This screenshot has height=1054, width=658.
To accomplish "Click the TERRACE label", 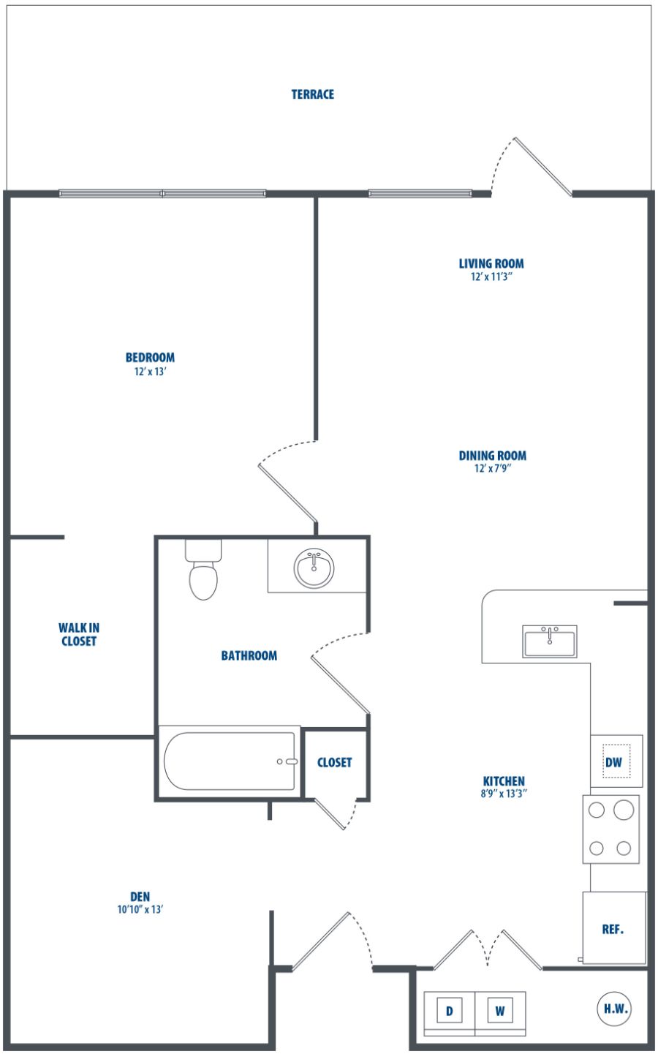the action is point(313,94).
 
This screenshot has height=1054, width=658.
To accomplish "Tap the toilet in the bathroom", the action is point(203,569).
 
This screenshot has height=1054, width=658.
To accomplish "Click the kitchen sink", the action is point(549,641).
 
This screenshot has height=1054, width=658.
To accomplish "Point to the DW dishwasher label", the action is point(613,762).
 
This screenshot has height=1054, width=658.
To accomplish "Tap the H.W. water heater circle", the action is point(616,1009).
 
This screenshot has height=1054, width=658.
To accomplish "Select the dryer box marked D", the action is point(449,1010).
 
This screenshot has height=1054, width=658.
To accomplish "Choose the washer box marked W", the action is point(500,1010).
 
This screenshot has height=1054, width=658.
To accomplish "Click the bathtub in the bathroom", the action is point(230,761).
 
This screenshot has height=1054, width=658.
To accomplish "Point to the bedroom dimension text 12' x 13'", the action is point(150,372).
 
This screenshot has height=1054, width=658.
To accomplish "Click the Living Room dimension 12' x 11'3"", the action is point(491,276).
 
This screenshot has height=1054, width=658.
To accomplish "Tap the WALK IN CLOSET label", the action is point(78,634).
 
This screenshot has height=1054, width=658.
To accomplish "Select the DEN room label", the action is point(140,897).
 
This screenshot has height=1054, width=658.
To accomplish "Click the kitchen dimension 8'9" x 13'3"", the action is point(503,794).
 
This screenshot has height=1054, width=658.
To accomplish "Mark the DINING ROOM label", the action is point(493,456).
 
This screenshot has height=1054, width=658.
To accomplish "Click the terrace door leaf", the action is point(543,166).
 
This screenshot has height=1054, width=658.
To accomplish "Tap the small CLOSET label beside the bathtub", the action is point(334,762).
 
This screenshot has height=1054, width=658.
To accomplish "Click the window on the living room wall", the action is point(420,193).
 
